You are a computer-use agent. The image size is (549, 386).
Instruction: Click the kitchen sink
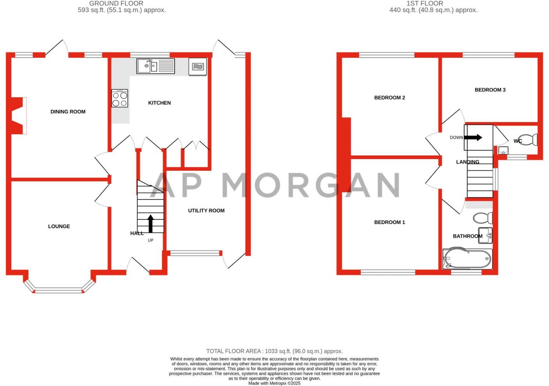pyautogui.click(x=155, y=66)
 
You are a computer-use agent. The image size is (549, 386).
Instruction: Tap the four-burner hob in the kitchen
pyautogui.click(x=120, y=98)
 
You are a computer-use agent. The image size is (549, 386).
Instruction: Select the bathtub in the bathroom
pyautogui.click(x=467, y=259)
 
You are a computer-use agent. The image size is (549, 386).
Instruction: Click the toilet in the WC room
pyautogui.click(x=529, y=139)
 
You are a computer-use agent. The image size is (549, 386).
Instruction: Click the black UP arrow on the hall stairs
pyautogui.click(x=151, y=223)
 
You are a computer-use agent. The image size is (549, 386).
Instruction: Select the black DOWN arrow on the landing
pyautogui.click(x=473, y=137)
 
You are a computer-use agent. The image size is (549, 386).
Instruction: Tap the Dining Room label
pyautogui.click(x=68, y=112)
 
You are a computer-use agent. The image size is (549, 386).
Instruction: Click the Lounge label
pyautogui.click(x=59, y=226)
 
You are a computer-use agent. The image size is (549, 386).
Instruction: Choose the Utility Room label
pyautogui.click(x=206, y=211)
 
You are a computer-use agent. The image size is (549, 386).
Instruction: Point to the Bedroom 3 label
pyautogui.click(x=490, y=90)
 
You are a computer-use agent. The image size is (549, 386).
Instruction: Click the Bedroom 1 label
pyautogui.click(x=389, y=222)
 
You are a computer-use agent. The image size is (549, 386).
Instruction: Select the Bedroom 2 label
pyautogui.click(x=389, y=97)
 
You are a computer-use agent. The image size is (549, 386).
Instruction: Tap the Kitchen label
pyautogui.click(x=159, y=103)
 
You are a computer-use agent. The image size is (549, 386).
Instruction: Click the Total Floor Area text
pyautogui.click(x=274, y=351)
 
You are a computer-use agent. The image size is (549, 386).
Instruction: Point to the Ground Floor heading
pyautogui.click(x=116, y=4)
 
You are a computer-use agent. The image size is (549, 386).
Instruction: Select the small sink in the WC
pyautogui.click(x=503, y=151)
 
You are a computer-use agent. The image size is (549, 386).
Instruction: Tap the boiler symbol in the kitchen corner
pyautogui.click(x=198, y=67)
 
